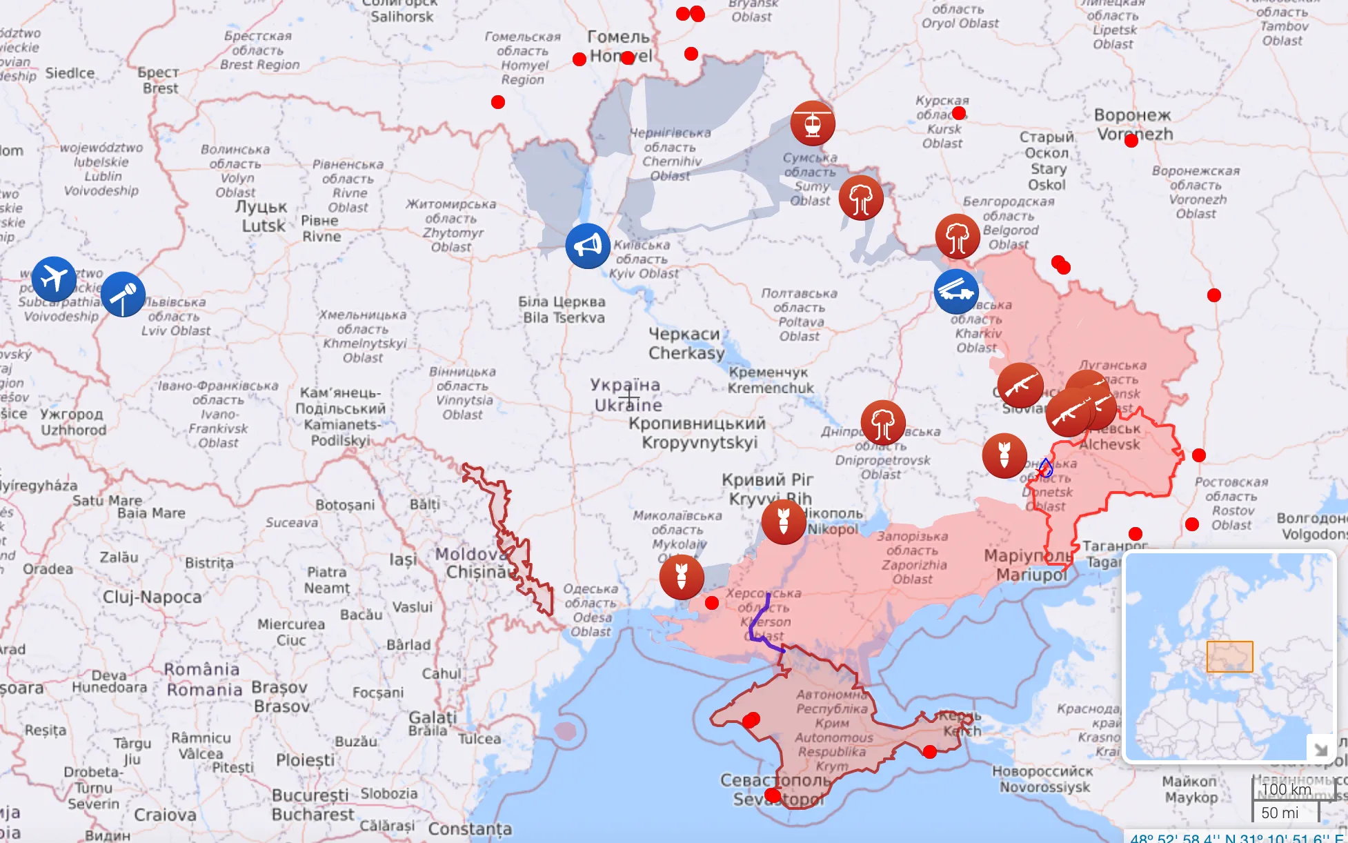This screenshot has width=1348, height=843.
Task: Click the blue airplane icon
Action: (x=54, y=279)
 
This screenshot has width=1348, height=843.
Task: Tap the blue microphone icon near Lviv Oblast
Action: (x=123, y=295)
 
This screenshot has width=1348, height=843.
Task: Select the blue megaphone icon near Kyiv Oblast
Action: (x=588, y=246)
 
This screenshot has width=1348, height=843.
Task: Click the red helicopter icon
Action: (x=813, y=123)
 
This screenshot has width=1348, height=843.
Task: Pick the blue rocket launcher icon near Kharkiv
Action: (x=956, y=292)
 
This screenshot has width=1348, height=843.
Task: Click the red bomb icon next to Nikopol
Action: (x=784, y=522)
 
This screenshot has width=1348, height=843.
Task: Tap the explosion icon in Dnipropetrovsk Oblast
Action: (x=883, y=422)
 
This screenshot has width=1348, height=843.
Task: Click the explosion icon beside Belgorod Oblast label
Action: (x=958, y=236)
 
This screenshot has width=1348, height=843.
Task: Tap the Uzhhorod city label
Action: (x=72, y=421)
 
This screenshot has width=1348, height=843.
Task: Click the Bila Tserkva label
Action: (x=563, y=310)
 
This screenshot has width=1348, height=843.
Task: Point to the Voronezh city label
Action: (x=1134, y=125)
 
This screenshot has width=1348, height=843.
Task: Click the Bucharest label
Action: (x=312, y=805)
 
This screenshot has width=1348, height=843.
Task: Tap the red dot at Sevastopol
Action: (x=773, y=796)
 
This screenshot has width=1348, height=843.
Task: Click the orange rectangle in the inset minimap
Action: (x=1229, y=656)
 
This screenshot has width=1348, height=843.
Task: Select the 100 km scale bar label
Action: (x=1286, y=789)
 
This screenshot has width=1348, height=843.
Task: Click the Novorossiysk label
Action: (x=1043, y=779)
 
